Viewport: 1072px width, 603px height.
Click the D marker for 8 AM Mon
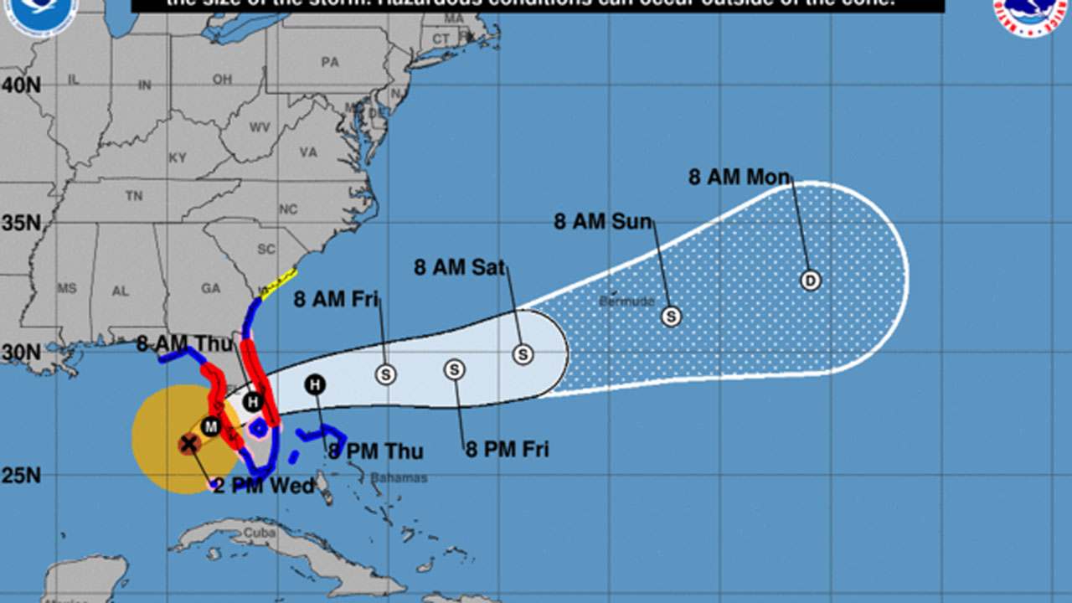click(x=810, y=281)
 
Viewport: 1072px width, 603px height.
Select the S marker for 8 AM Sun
click(x=671, y=317)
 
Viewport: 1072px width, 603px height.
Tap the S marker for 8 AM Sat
click(x=523, y=354)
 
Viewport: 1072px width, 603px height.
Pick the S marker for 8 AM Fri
click(x=386, y=374)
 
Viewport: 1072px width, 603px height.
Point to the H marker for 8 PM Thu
click(x=316, y=384)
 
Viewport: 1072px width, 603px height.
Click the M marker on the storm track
click(x=211, y=427)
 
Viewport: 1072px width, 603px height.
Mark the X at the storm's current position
click(x=189, y=444)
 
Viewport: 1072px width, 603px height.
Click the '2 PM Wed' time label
click(x=264, y=486)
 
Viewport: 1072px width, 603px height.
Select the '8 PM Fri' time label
click(x=508, y=450)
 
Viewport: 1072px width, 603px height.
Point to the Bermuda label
click(x=626, y=301)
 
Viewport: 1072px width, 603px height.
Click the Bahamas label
click(x=399, y=478)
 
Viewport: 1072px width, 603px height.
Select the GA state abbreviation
click(x=210, y=288)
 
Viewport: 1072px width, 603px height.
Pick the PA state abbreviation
click(x=330, y=62)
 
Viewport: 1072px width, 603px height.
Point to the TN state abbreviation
click(x=134, y=196)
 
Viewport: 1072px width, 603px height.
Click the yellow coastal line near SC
click(x=279, y=283)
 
